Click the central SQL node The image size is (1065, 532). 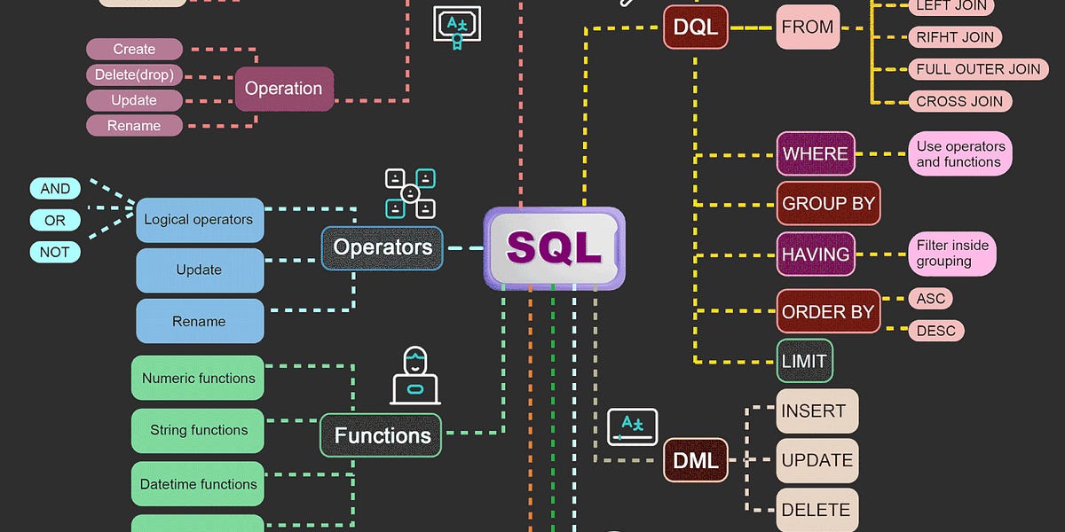click(x=554, y=248)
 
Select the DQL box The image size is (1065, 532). click(x=695, y=27)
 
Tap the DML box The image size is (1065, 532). click(x=695, y=460)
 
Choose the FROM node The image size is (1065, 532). click(x=808, y=27)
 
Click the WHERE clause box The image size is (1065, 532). click(x=816, y=153)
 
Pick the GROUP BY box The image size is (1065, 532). click(x=828, y=203)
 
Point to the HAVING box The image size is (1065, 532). click(x=816, y=254)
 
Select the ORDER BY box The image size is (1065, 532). click(x=828, y=311)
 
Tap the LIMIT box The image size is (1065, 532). click(x=804, y=361)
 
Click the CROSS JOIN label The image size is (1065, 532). click(x=959, y=101)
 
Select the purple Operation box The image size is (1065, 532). click(x=283, y=88)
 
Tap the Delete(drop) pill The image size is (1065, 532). click(x=134, y=74)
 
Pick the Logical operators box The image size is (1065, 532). click(x=199, y=220)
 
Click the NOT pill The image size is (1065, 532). click(x=55, y=252)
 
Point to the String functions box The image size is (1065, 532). click(x=198, y=430)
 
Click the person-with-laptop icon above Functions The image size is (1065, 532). click(x=414, y=376)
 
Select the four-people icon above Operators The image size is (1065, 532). click(x=410, y=193)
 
